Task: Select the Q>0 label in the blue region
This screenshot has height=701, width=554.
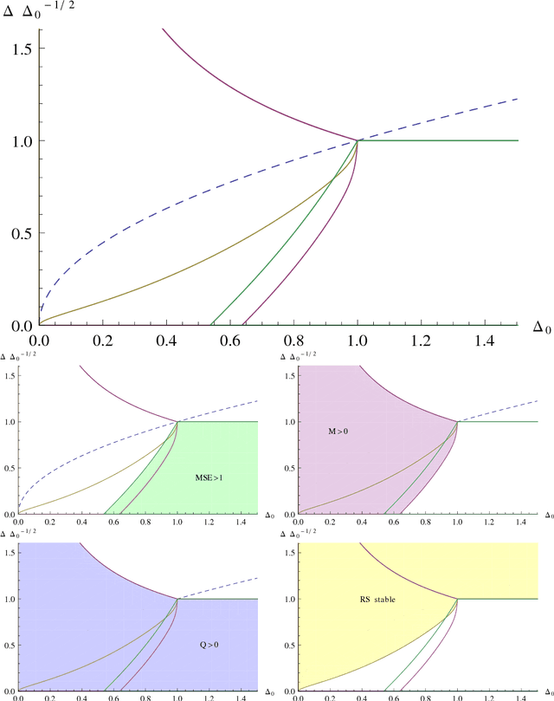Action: tap(207, 646)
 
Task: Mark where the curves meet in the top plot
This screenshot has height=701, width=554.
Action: tap(358, 140)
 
